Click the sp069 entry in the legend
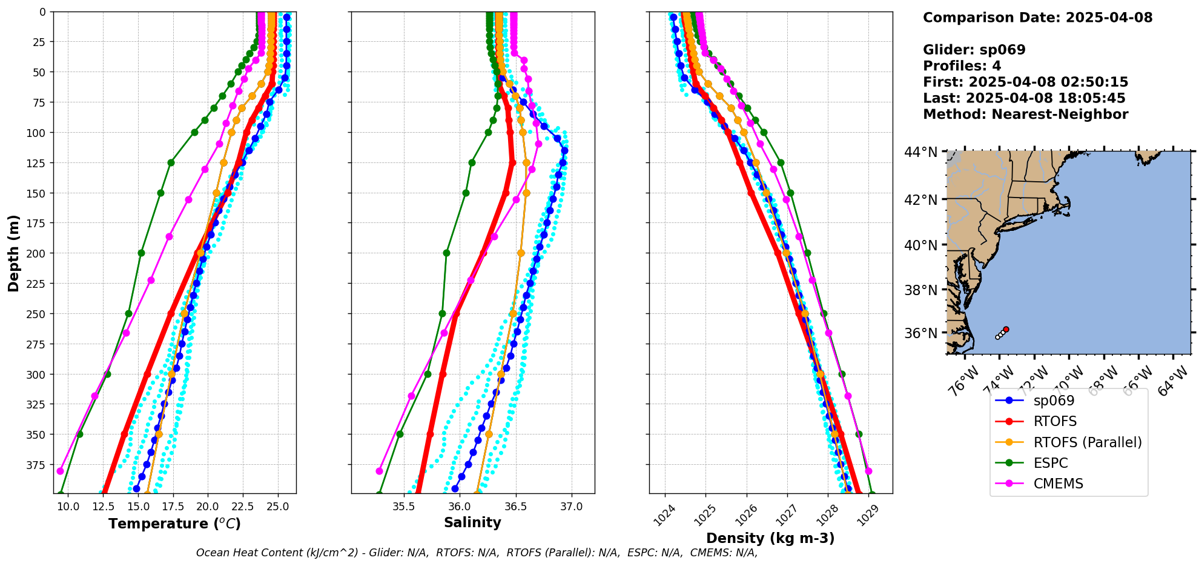[x=1054, y=401]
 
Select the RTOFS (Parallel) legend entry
[x=1088, y=442]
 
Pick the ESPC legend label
[x=1051, y=463]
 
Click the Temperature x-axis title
[x=174, y=524]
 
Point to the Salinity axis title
[x=472, y=522]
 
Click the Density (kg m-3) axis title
[x=770, y=538]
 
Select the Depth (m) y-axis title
[x=13, y=253]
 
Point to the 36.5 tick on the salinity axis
[x=515, y=506]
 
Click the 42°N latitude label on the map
[x=920, y=200]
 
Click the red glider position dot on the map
[x=1006, y=329]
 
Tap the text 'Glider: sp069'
[x=974, y=50]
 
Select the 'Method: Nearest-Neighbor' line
[x=1025, y=115]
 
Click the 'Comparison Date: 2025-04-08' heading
[x=1037, y=18]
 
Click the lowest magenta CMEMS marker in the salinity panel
[x=380, y=471]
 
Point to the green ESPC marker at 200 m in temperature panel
[x=141, y=253]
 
